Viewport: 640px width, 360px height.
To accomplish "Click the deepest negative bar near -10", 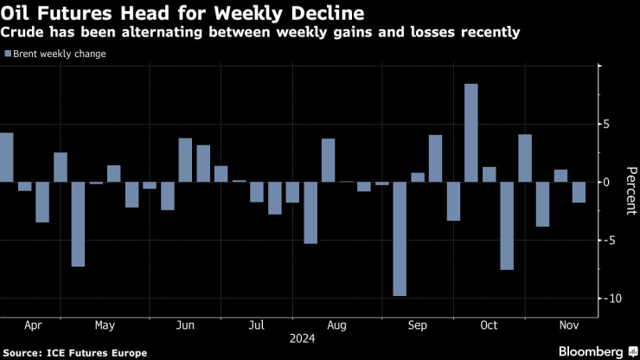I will click(x=400, y=239).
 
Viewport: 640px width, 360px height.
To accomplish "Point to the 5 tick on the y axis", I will click(x=607, y=124).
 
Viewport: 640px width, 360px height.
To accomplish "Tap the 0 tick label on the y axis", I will click(x=607, y=182).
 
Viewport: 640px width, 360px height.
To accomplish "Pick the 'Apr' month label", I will click(x=34, y=325).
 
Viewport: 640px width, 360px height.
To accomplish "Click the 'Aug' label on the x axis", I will click(x=337, y=325).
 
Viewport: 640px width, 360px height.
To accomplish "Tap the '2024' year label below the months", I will click(x=303, y=339).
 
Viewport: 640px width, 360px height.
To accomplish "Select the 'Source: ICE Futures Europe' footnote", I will click(x=65, y=351).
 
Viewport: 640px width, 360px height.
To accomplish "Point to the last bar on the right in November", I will click(x=579, y=192).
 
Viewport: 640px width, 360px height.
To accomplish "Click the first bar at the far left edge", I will click(x=6, y=157).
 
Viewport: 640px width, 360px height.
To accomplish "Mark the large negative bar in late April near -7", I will click(x=78, y=224).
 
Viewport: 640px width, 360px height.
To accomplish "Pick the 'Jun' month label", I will click(x=184, y=325).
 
